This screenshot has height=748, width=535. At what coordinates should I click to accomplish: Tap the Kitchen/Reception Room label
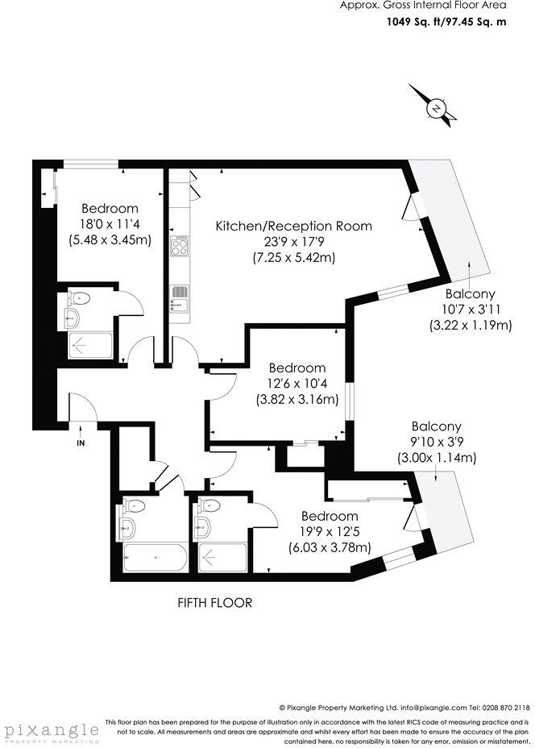(x=293, y=226)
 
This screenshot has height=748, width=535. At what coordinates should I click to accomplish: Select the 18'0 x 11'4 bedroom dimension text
(x=110, y=225)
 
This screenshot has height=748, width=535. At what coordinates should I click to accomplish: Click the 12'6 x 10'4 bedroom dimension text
(x=297, y=384)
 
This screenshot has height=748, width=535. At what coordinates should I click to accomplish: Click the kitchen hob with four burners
(x=180, y=245)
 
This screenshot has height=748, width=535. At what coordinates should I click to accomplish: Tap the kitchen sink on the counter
(x=180, y=297)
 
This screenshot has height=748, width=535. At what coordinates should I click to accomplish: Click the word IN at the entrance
(x=81, y=443)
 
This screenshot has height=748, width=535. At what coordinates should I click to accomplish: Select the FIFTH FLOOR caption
(x=215, y=602)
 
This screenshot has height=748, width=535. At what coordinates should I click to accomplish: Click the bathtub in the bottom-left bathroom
(x=156, y=556)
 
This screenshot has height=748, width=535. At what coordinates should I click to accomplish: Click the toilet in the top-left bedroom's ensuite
(x=82, y=298)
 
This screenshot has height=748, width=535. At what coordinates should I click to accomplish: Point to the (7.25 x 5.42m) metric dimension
(x=293, y=257)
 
